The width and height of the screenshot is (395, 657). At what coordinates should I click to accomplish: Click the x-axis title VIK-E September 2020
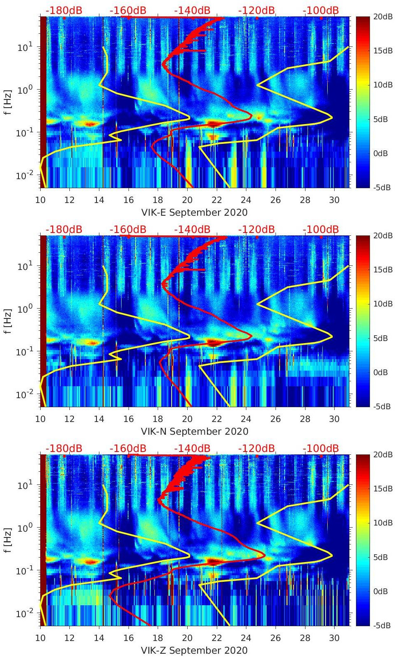pos(194,212)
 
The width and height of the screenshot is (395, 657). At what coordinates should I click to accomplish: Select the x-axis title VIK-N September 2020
pos(194,431)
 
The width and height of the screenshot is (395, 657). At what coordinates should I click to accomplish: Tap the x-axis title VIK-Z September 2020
pos(194,650)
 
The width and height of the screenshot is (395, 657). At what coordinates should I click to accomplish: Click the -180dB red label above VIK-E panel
pos(64,10)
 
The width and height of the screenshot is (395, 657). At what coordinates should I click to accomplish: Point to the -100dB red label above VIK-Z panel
pos(321,448)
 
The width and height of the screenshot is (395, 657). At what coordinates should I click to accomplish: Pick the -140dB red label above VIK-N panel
pos(192,229)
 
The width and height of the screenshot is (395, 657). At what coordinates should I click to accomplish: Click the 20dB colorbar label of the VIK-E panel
pos(382,16)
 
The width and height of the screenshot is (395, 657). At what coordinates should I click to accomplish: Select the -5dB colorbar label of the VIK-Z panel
pos(382,626)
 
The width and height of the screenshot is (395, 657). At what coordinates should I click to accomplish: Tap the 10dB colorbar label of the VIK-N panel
pos(382,304)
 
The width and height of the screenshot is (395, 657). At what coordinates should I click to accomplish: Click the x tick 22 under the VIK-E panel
pos(216,200)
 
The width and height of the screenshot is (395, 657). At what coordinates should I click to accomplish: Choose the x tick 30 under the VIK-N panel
pos(334,419)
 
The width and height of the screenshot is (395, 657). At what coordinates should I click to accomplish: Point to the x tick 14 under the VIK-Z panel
pos(99,638)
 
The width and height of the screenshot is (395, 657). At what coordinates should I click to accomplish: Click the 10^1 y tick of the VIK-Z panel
pos(25,486)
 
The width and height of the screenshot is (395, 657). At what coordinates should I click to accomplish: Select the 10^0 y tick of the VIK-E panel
pos(25,90)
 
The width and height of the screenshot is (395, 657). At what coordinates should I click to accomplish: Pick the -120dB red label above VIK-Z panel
pos(256,448)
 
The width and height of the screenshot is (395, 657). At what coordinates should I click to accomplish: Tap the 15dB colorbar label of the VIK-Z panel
pos(382,489)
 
